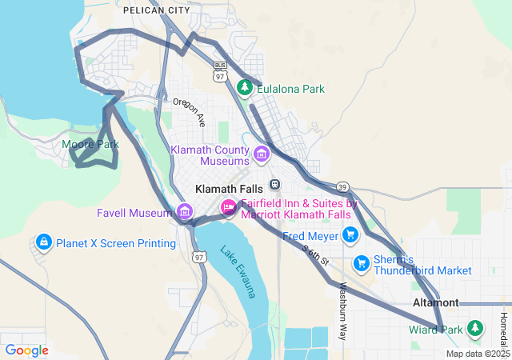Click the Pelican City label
pos(157,10)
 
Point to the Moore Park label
pos(90,145)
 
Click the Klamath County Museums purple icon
pos(262,154)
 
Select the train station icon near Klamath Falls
pos(274,184)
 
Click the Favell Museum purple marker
pos(185,212)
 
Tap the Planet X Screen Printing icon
pos(43,242)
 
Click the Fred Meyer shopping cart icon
pos(350,234)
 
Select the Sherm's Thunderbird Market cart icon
pos(362,262)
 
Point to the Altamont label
pos(435,303)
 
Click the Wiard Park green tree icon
pos(475,328)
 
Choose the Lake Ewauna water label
pos(239,271)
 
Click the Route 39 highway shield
pos(342,186)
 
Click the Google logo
pos(26,350)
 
